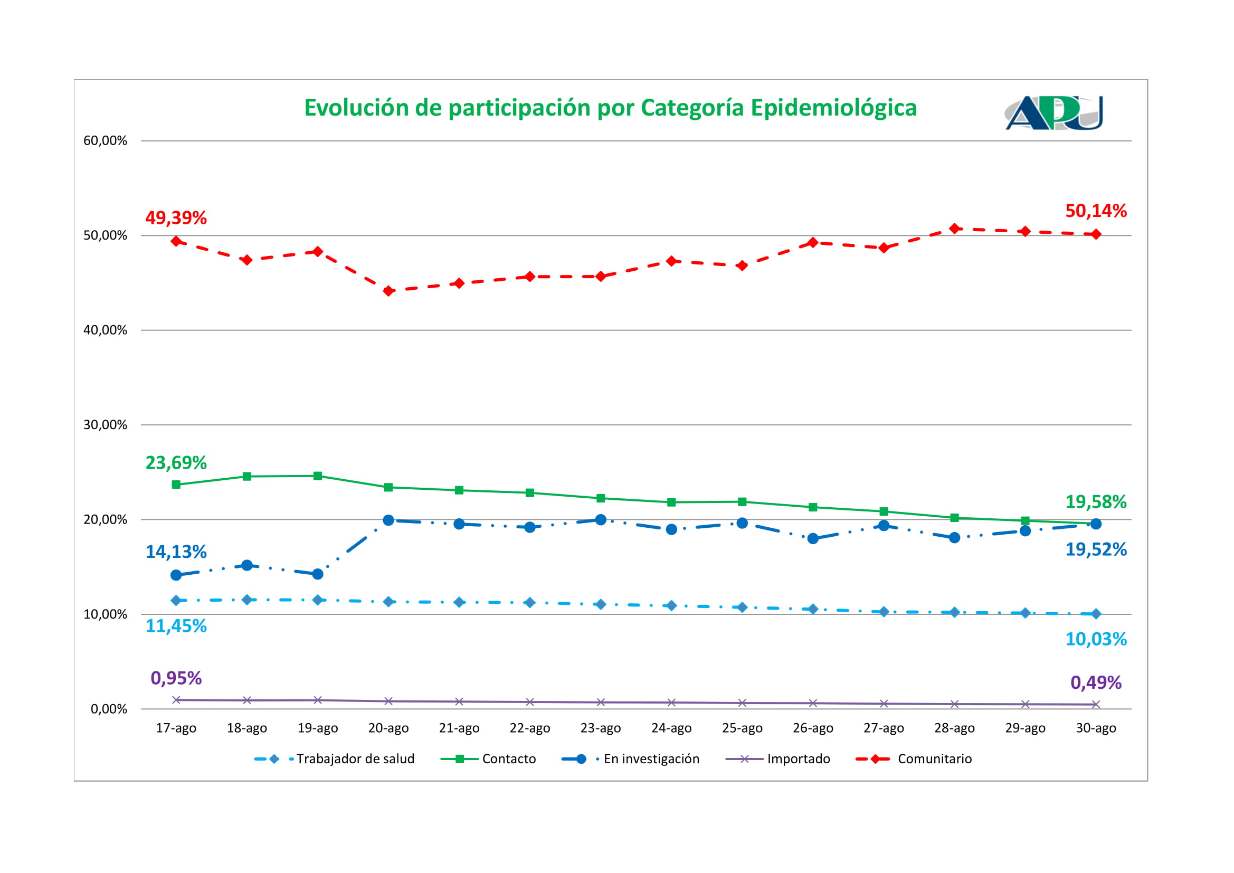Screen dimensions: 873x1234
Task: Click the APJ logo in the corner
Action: [1053, 113]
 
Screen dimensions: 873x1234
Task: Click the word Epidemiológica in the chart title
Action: [833, 108]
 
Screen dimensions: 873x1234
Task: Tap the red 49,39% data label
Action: [176, 217]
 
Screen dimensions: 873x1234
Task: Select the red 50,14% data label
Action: [1096, 211]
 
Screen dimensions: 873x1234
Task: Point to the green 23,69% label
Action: [176, 462]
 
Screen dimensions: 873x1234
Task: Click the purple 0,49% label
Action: [1096, 682]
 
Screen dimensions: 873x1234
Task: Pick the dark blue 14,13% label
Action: [176, 552]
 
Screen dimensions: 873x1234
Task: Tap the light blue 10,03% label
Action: [1096, 639]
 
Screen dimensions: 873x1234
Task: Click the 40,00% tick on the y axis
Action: [106, 330]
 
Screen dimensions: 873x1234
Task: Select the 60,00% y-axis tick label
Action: [106, 141]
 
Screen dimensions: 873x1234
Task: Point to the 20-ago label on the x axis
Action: [388, 728]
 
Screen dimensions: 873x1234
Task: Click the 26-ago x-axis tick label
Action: [813, 728]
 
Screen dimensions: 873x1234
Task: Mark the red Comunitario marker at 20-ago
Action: [388, 291]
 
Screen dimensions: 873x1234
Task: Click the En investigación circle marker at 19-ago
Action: [318, 574]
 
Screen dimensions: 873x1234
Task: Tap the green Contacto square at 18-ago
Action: [246, 476]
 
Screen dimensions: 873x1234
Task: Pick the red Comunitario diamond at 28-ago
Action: [954, 229]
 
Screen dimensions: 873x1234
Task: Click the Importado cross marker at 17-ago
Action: [176, 700]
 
